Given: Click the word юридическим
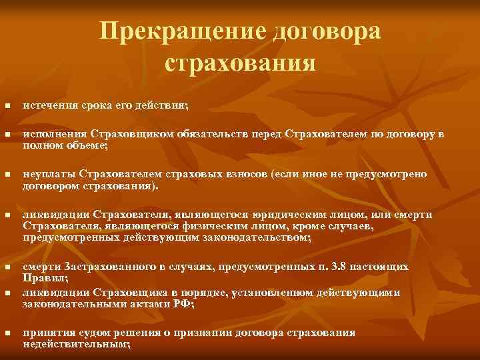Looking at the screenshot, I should (289, 215).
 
